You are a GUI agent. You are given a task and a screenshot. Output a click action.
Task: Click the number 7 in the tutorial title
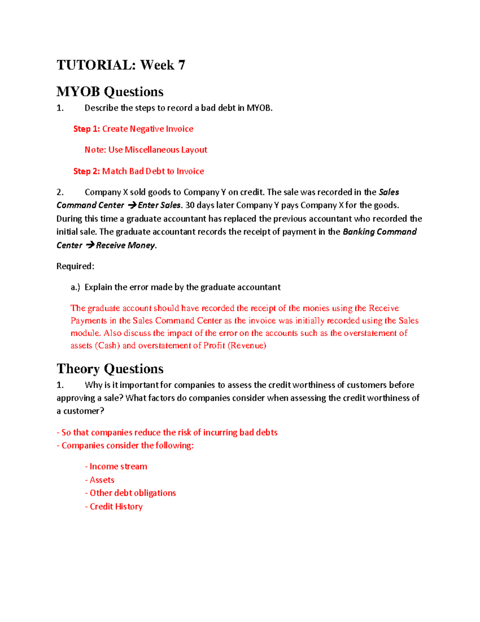pos(182,65)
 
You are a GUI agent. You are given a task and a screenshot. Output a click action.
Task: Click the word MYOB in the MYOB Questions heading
pos(78,92)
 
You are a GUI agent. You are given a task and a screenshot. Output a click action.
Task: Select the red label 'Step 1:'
pos(86,129)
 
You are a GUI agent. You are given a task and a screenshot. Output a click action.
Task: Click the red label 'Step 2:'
pos(86,171)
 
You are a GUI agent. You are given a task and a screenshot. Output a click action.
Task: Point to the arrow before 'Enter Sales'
pos(132,205)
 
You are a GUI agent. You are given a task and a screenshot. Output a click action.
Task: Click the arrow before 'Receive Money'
pos(90,245)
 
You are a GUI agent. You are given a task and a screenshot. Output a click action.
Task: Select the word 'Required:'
pos(75,266)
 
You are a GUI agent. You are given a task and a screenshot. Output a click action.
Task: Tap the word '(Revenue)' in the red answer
pos(246,346)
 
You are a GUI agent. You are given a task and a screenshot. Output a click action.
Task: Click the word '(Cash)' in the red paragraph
pos(107,346)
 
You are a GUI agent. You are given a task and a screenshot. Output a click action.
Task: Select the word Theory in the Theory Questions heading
pos(78,369)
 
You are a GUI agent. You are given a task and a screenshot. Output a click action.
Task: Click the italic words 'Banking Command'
pos(380,232)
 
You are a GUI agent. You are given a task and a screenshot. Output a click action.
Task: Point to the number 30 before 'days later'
pos(190,205)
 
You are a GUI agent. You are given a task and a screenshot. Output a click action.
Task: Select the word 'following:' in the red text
pos(174,446)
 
